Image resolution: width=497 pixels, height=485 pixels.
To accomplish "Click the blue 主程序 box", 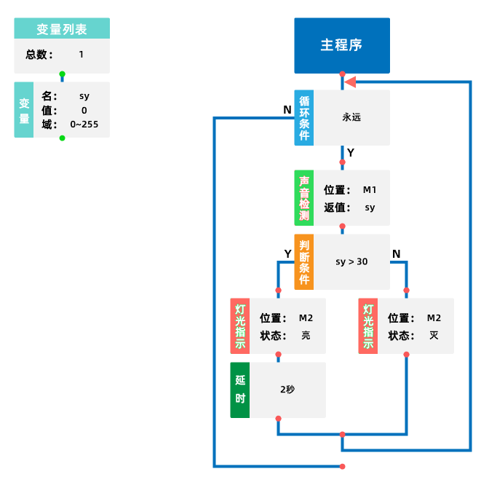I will [x=341, y=45].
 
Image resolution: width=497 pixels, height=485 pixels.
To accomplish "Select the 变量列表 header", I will [x=62, y=29].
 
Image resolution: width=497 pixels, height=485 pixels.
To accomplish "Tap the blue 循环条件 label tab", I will [x=303, y=117].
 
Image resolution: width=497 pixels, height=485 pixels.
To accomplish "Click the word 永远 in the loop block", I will [x=351, y=117].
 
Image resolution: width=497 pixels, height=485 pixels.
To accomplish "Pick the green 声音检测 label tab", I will [x=303, y=197].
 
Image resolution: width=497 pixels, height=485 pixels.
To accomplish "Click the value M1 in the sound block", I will [x=370, y=190].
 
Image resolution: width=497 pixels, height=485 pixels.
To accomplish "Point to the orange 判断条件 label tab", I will [x=303, y=261].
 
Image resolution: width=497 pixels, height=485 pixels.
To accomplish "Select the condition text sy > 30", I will [x=351, y=261].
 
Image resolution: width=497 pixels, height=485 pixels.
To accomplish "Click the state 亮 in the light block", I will [x=306, y=336].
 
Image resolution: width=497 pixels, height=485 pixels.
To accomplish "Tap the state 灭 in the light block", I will [x=434, y=336].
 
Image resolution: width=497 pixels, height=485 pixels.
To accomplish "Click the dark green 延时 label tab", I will [x=240, y=390].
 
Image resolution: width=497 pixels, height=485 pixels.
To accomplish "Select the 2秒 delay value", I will [x=287, y=390].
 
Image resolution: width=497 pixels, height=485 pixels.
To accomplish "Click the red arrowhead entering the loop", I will [x=350, y=82].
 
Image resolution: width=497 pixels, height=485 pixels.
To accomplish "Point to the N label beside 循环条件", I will [x=287, y=109].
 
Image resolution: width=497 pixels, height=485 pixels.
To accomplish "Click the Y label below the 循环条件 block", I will [x=351, y=153].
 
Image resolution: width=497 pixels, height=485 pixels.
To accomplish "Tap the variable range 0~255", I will [x=84, y=125].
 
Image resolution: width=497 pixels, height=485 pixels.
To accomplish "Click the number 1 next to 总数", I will [x=81, y=55].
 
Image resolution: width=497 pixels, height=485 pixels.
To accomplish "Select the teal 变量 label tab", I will [x=24, y=109].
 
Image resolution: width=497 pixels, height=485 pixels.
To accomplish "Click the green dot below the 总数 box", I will [x=62, y=74].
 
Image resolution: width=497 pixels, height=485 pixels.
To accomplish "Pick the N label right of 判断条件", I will [x=396, y=253].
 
